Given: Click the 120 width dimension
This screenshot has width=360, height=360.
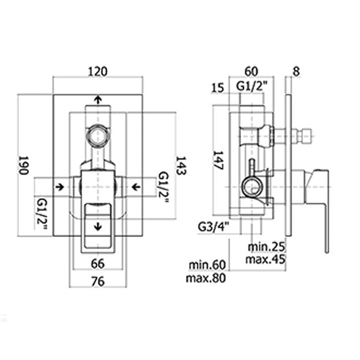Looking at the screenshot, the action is [98, 72].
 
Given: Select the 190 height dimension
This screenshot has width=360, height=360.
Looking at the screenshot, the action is [23, 165].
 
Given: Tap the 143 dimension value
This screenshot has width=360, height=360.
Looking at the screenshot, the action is [181, 165].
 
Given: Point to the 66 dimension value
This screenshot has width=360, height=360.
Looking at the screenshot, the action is [98, 263].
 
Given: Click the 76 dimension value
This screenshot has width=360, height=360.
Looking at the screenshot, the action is [98, 281].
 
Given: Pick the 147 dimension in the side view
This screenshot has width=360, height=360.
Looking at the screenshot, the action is [218, 160].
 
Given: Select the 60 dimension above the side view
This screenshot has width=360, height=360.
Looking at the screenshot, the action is [251, 72].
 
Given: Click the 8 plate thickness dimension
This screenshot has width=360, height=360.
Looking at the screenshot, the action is [296, 72].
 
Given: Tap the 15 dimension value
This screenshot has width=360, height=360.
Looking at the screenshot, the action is [217, 88].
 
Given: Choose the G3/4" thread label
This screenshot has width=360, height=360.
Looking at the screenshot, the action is [214, 227].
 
